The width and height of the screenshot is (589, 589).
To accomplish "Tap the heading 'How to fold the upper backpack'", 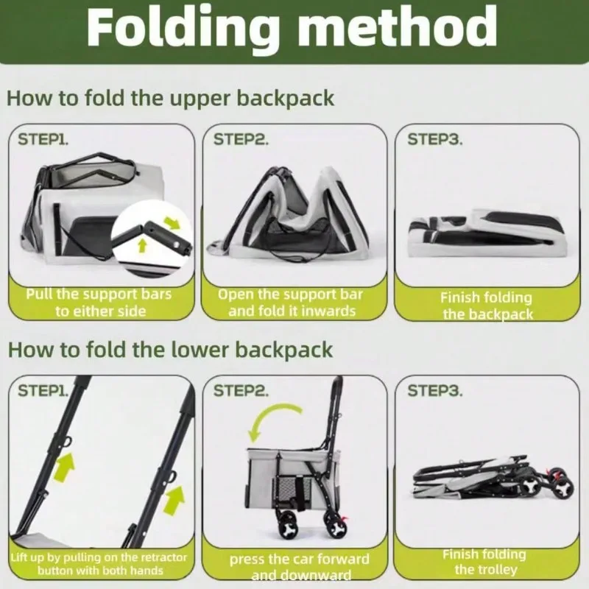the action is tap(171, 99).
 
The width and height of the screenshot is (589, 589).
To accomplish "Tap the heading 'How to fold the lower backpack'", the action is tap(170, 350).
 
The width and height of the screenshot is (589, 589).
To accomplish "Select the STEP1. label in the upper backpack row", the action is tap(43, 139).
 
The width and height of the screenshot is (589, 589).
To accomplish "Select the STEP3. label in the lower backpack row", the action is tap(435, 391).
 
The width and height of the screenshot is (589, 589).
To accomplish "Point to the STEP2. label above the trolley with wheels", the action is tap(241, 391).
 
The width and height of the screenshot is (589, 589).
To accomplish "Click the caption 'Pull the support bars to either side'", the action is tap(99, 303).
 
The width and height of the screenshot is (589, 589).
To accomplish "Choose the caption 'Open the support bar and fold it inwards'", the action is tap(291, 303).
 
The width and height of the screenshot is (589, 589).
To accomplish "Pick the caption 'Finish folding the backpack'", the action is tap(487, 306).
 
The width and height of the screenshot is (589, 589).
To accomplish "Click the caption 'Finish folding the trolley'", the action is tap(484, 562).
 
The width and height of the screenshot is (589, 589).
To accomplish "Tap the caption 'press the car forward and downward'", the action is tap(300, 566).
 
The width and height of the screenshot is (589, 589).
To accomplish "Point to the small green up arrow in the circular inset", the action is tap(142, 246).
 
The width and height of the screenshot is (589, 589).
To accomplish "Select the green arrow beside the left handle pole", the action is tap(64, 467).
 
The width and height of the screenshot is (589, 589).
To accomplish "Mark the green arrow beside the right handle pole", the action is tap(174, 501).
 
